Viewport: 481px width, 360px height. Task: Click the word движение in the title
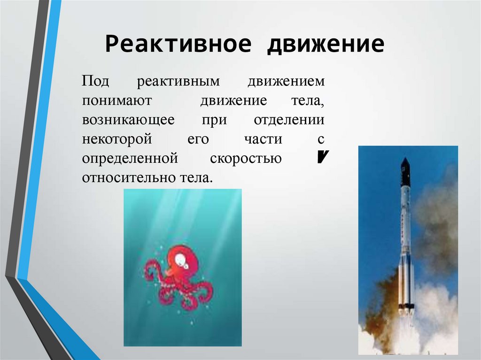(x=326, y=45)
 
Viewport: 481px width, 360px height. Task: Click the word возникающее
(x=128, y=120)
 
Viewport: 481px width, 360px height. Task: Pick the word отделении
(x=289, y=120)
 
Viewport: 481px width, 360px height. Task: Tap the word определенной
(x=130, y=159)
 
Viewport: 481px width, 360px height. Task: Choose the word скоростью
(x=246, y=159)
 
